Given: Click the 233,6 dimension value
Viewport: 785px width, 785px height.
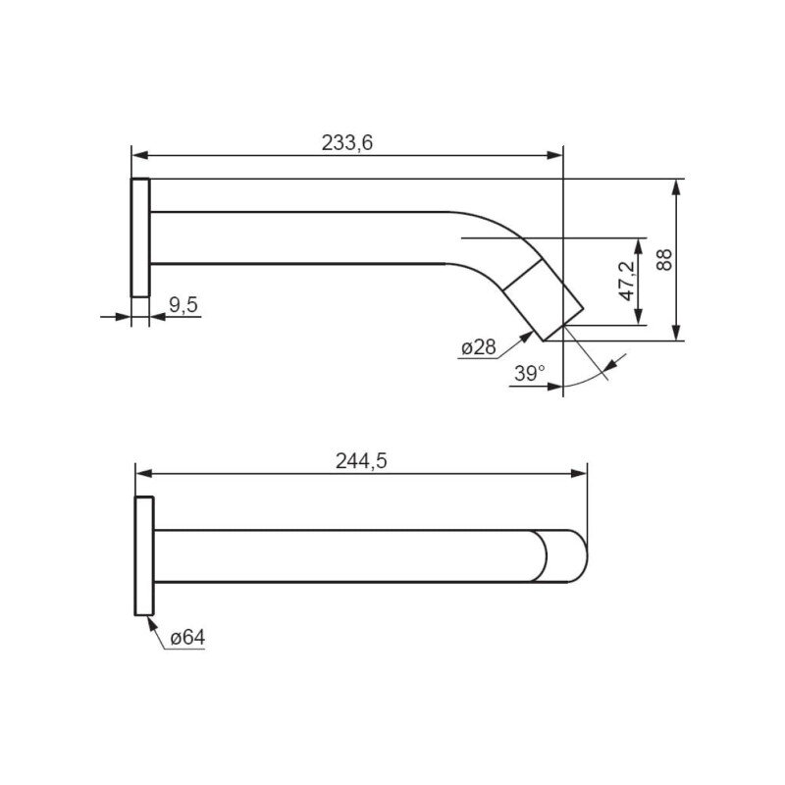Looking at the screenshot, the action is [347, 143].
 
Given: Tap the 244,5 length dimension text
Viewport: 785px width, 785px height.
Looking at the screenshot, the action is [361, 461].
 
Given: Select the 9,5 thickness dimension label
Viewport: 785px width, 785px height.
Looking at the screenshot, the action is [183, 304].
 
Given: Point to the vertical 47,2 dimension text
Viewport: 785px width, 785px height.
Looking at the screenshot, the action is [627, 282].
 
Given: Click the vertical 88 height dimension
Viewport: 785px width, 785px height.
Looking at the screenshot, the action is [664, 259].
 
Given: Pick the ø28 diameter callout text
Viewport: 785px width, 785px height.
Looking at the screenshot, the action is [478, 347].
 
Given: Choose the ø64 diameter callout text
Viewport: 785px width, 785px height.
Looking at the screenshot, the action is [187, 638].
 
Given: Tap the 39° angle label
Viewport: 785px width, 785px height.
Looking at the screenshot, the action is [530, 373].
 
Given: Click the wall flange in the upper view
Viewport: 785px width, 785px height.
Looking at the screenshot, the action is [140, 237].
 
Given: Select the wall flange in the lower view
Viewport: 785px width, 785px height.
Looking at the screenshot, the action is [144, 555].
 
